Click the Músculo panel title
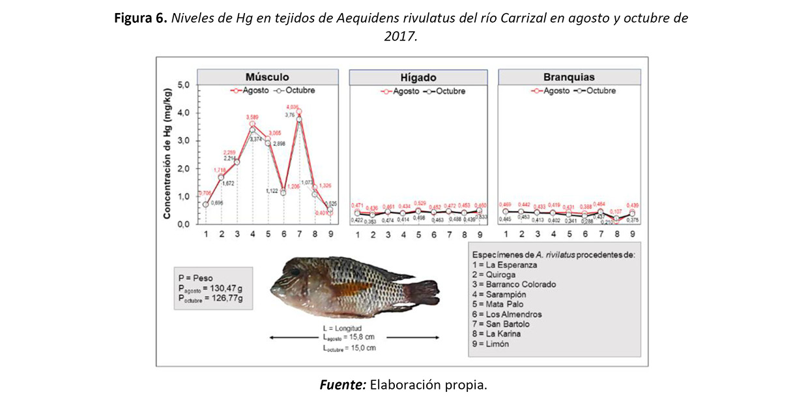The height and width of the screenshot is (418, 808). point(268,77)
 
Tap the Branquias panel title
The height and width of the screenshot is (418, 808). point(569,77)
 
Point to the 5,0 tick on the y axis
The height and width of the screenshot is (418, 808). point(184,85)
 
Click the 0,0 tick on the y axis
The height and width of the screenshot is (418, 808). point(184,224)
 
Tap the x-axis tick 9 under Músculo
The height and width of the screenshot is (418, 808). point(331,234)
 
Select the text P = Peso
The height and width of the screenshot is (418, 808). point(195,277)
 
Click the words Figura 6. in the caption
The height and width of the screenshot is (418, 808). point(141,18)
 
